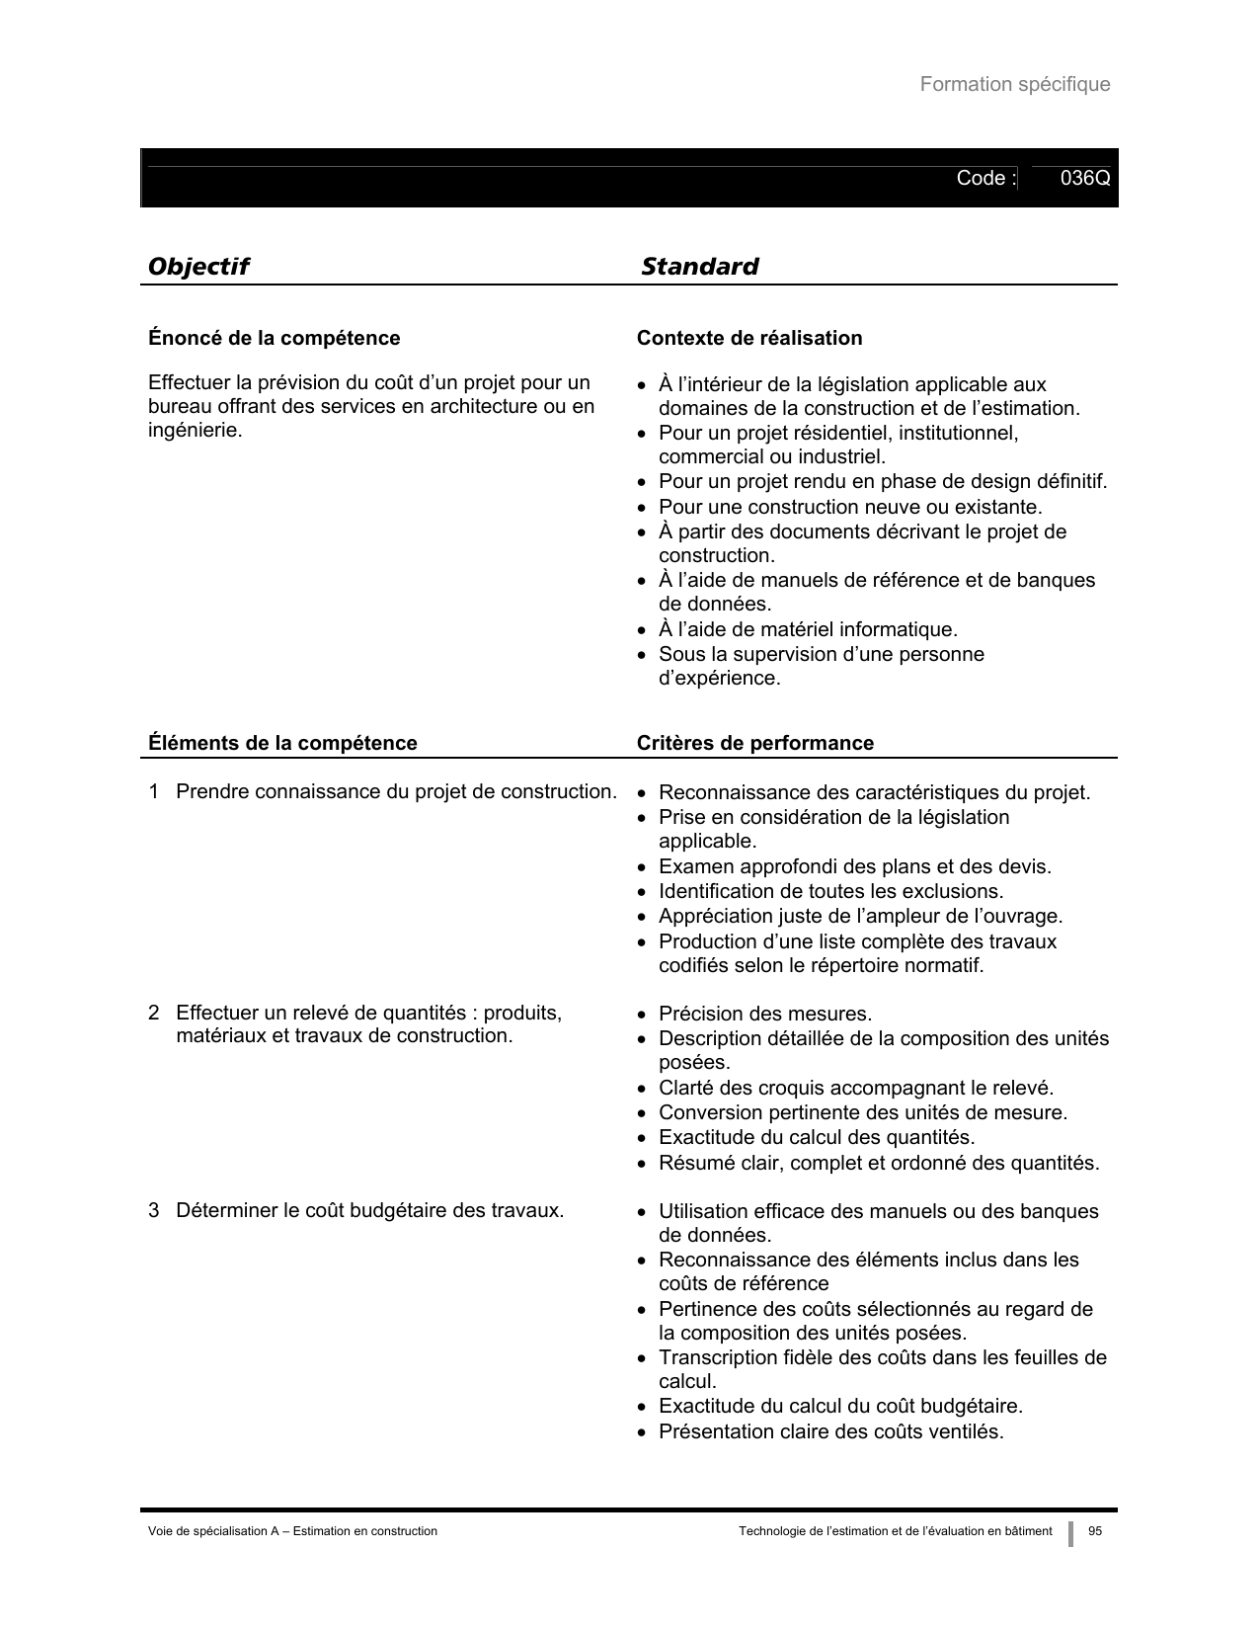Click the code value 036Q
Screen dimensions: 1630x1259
[1084, 179]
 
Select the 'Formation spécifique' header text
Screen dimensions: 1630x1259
[1014, 85]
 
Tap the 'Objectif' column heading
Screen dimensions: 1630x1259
[197, 267]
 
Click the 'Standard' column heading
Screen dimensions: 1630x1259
[699, 267]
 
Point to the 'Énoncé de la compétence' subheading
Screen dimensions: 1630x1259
[274, 339]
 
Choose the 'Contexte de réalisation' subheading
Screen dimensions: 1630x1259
[748, 339]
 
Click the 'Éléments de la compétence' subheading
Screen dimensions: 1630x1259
[282, 744]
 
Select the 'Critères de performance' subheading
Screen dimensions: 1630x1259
[754, 744]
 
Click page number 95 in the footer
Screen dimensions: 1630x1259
[1094, 1531]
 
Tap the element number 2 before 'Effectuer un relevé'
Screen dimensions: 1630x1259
[154, 1014]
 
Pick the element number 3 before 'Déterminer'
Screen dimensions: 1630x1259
[154, 1211]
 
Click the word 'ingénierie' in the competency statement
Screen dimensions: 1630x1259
[194, 432]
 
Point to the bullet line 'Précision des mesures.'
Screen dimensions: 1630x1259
[764, 1015]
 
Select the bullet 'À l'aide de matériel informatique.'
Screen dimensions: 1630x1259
[807, 630]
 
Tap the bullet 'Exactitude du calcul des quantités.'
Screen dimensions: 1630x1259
[816, 1138]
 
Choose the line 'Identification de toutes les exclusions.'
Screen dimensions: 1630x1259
[830, 892]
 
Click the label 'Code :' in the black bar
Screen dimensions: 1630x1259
[984, 179]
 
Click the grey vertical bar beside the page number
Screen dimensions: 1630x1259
[1070, 1533]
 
